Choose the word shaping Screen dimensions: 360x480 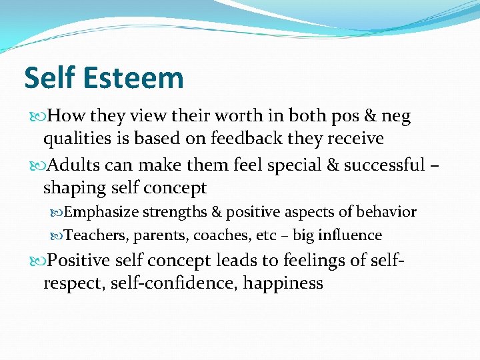pyautogui.click(x=72, y=189)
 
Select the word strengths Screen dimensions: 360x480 pyautogui.click(x=175, y=213)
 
